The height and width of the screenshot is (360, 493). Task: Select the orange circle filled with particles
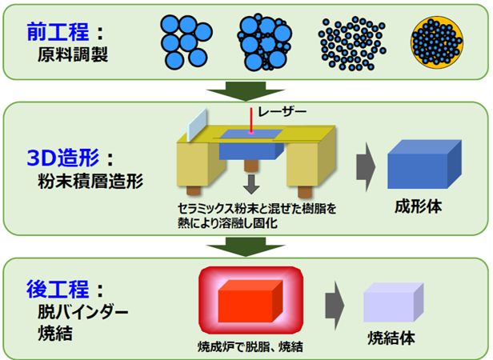(x=437, y=42)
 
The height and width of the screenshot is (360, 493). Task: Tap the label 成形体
(x=419, y=206)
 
